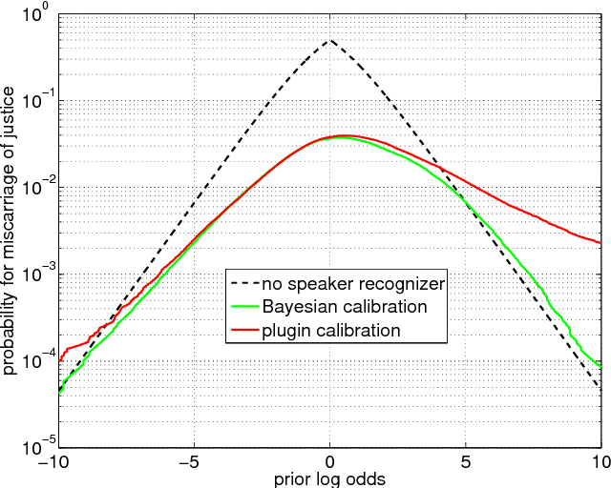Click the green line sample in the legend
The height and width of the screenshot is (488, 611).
point(250,307)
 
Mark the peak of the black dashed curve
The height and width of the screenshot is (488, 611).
point(329,41)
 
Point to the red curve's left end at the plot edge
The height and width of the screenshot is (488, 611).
point(59,360)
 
